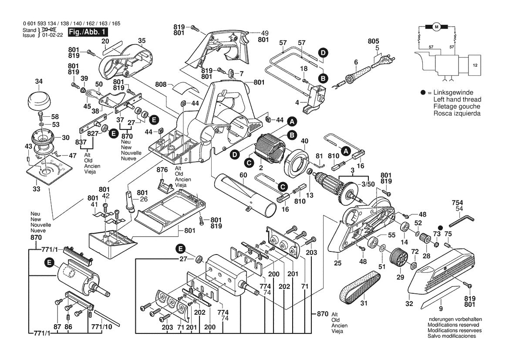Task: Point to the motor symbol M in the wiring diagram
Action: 436,27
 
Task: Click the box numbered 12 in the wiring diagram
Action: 475,64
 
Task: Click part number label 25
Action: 337,263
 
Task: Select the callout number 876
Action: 162,170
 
